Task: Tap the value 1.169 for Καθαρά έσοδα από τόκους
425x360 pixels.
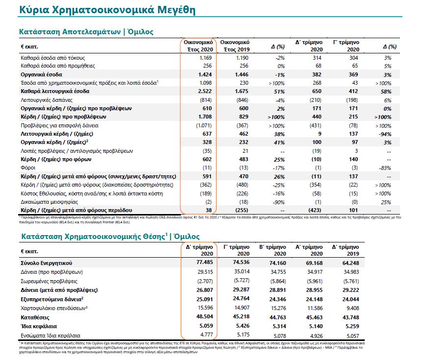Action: click(x=204, y=58)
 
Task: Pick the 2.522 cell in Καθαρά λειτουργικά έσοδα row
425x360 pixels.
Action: click(x=203, y=91)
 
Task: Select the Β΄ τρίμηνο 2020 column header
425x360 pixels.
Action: click(x=272, y=251)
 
